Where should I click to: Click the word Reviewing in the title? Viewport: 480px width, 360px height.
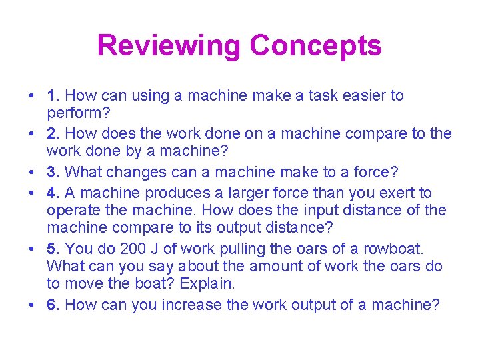[x=169, y=46]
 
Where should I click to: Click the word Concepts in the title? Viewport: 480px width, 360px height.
[x=315, y=46]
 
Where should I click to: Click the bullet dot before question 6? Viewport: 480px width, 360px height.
[x=31, y=305]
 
